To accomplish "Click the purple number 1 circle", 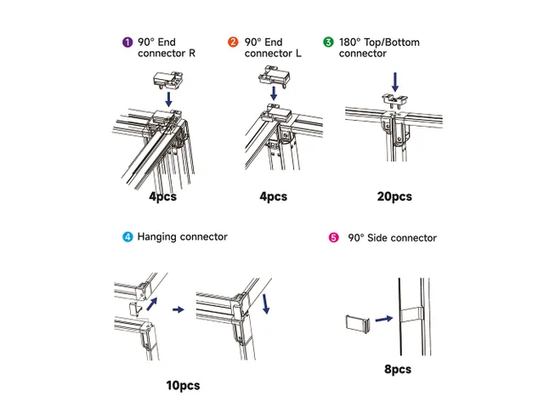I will pyautogui.click(x=127, y=42).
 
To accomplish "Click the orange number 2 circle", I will pyautogui.click(x=233, y=42).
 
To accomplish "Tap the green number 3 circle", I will pyautogui.click(x=328, y=42).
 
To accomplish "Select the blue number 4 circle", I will pyautogui.click(x=127, y=236).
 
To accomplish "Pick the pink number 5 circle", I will pyautogui.click(x=333, y=238).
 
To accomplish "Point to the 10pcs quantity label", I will pyautogui.click(x=183, y=385).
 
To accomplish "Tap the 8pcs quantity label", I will pyautogui.click(x=397, y=370).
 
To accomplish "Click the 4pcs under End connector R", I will pyautogui.click(x=162, y=196).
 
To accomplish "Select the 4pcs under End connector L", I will pyautogui.click(x=273, y=196).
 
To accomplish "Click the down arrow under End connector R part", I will pyautogui.click(x=168, y=99).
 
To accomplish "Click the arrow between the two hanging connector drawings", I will pyautogui.click(x=178, y=310).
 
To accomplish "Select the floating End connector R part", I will pyautogui.click(x=168, y=78).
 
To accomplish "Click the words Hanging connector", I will pyautogui.click(x=182, y=236).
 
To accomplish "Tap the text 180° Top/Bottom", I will pyautogui.click(x=379, y=42).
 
